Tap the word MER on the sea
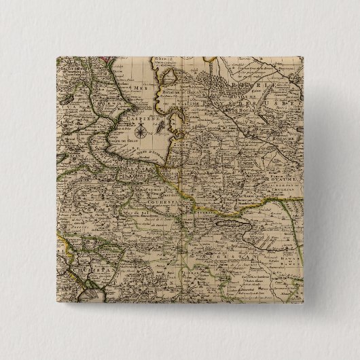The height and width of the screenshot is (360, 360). point(122,89)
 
